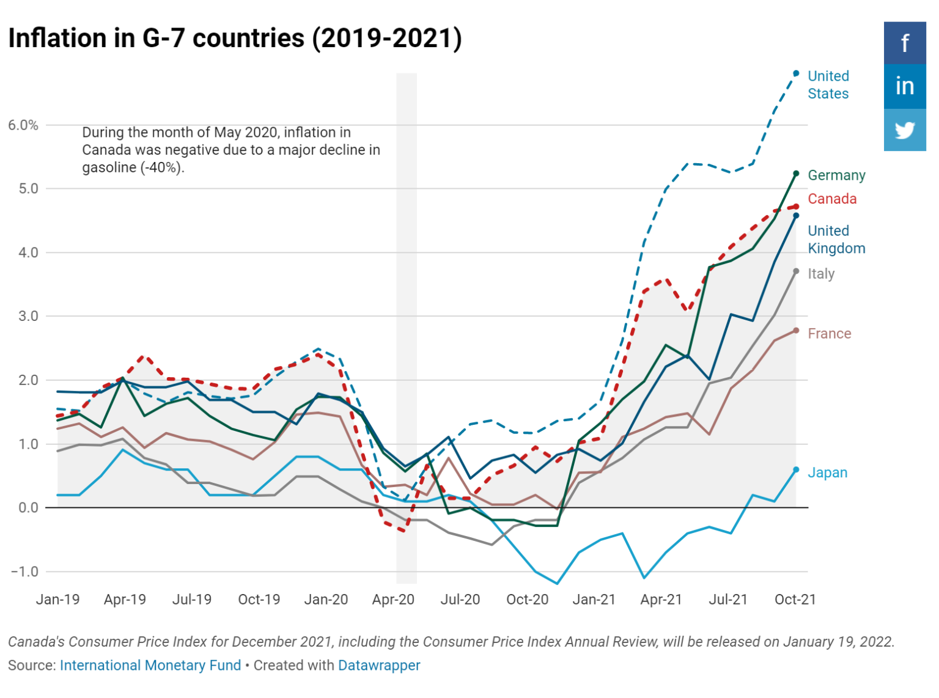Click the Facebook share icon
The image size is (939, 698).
tap(904, 43)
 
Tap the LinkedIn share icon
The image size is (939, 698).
tap(904, 86)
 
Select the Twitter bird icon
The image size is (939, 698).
tap(904, 130)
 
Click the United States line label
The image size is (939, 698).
tap(828, 85)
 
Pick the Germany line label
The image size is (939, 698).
tap(836, 175)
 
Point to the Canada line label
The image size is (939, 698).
tap(832, 199)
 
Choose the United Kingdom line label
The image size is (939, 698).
tap(836, 240)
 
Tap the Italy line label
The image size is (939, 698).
tap(821, 274)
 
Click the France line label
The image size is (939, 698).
tap(829, 334)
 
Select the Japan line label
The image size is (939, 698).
tap(827, 472)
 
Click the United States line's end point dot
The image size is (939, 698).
tap(796, 73)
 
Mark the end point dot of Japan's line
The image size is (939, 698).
tap(796, 470)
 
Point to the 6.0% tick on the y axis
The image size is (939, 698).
tap(23, 125)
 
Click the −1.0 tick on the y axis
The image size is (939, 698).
tap(24, 571)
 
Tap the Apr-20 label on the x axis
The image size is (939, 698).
tap(393, 600)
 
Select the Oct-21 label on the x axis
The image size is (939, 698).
tap(795, 600)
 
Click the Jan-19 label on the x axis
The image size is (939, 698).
tap(57, 600)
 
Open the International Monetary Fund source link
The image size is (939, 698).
tap(150, 666)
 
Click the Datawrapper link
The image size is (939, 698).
tap(379, 666)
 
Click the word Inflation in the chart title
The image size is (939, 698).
tap(57, 39)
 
